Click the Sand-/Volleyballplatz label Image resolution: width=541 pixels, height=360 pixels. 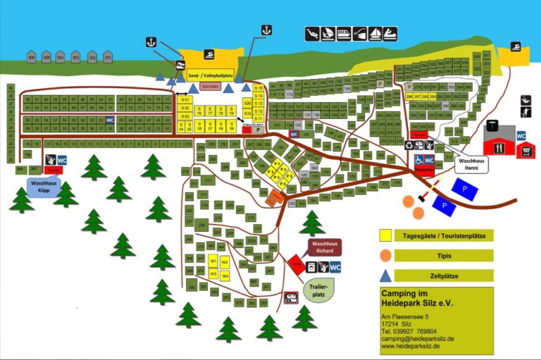(x=210, y=73)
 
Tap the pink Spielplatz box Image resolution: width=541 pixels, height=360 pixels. (x=210, y=87)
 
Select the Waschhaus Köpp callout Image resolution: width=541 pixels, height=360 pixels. (x=43, y=186)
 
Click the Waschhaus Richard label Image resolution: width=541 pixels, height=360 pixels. (x=323, y=247)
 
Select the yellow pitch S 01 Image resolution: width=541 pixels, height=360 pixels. (x=185, y=100)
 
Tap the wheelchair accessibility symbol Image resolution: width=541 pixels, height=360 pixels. (x=419, y=160)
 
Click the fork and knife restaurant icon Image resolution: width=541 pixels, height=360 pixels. (x=501, y=148)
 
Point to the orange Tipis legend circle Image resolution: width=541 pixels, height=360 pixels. (x=385, y=255)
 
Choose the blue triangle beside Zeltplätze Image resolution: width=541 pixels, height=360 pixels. (x=385, y=275)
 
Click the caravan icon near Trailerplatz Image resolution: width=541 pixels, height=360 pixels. (x=290, y=298)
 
